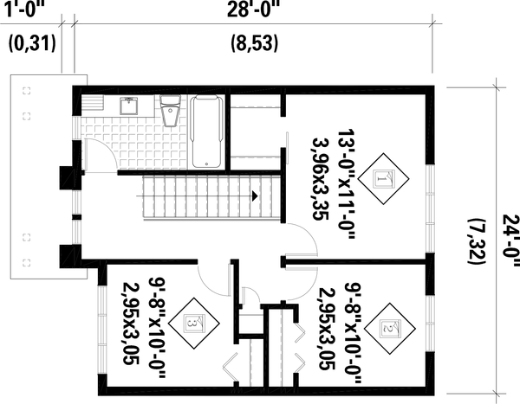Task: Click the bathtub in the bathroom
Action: tap(205, 131)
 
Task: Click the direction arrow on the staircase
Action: tap(254, 196)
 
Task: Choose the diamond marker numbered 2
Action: tap(387, 327)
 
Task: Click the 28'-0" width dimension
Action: tap(254, 11)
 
